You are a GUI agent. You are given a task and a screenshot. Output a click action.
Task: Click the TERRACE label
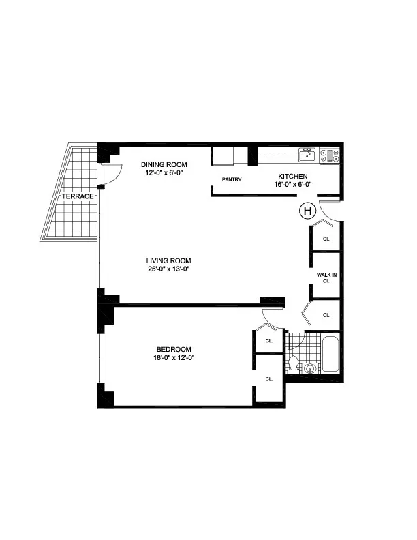76,196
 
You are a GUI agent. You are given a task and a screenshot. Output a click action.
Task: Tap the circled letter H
308,211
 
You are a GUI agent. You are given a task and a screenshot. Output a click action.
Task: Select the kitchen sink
308,154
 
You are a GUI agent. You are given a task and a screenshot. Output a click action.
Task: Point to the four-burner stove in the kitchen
329,155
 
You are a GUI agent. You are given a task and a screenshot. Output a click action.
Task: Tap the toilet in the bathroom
294,361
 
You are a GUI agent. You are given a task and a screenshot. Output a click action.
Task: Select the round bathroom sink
309,369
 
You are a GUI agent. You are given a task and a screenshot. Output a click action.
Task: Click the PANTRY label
232,180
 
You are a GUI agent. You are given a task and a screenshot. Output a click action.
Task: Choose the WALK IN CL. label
326,277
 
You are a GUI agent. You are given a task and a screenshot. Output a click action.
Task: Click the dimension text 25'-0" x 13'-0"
168,269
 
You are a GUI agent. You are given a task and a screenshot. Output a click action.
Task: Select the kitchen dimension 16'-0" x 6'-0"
292,184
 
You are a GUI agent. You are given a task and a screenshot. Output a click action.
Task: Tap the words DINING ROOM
164,165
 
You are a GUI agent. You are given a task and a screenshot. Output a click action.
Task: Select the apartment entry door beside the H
329,212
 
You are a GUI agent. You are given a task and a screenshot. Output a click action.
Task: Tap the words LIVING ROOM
168,260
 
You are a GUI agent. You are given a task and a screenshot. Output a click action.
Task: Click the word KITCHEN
293,176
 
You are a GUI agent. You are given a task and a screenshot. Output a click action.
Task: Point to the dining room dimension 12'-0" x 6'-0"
164,173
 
